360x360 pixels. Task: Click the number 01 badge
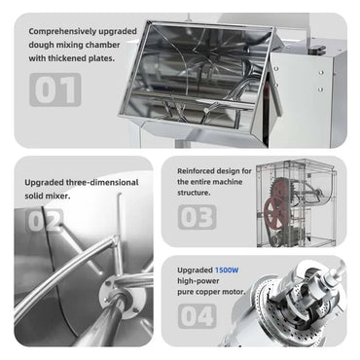click(54, 90)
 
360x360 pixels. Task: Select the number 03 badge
click(196, 216)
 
